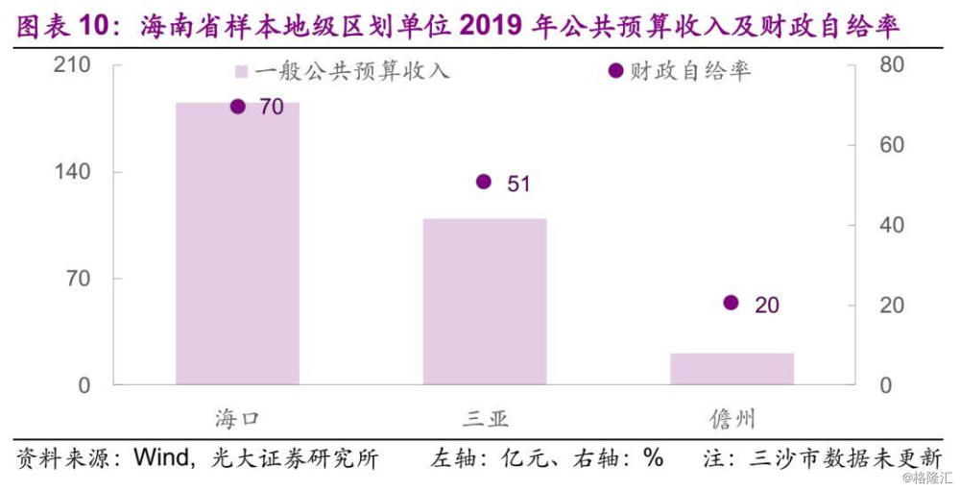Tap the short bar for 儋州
click(x=732, y=369)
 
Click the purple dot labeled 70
click(x=238, y=107)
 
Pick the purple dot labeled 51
click(x=484, y=182)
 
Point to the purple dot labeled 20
click(x=731, y=303)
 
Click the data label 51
click(x=518, y=184)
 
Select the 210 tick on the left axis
click(x=75, y=65)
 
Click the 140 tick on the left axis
click(x=75, y=172)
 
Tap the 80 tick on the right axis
click(x=892, y=65)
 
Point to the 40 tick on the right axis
click(x=892, y=225)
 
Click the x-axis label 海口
click(x=237, y=419)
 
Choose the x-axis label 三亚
click(x=485, y=419)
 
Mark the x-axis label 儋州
click(x=732, y=419)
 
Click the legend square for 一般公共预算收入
click(x=242, y=72)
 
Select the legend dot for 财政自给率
click(x=616, y=72)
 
